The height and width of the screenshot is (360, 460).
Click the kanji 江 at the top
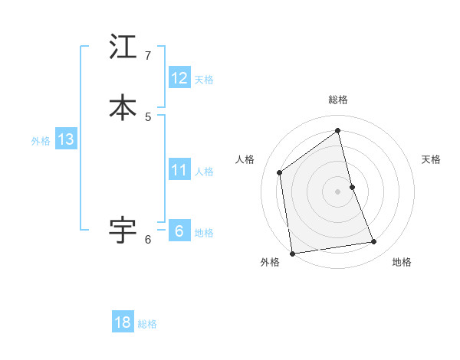click(x=123, y=47)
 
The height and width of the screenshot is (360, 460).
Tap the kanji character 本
click(x=123, y=107)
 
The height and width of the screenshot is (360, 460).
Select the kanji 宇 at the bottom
click(x=123, y=229)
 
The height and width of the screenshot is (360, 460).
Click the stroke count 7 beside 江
click(x=148, y=56)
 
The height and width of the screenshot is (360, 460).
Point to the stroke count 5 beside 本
click(x=148, y=116)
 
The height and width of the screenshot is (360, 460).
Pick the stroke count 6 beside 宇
click(x=148, y=240)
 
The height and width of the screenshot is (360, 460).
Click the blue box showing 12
click(x=179, y=78)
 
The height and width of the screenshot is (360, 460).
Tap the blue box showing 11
click(x=179, y=170)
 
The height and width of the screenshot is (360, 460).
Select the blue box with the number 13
click(x=66, y=139)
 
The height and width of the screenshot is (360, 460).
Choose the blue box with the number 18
click(x=123, y=322)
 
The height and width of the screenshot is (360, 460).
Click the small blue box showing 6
click(x=179, y=231)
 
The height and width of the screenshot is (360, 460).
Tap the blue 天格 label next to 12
click(x=204, y=80)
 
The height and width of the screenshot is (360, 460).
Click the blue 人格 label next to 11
click(x=204, y=172)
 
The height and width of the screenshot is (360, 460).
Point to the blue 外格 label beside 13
click(x=41, y=141)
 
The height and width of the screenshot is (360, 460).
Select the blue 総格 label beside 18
click(x=147, y=324)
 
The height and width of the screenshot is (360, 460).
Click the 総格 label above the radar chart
click(x=338, y=100)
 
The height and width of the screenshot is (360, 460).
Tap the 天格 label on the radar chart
click(x=431, y=159)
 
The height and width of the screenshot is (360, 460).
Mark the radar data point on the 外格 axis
click(x=291, y=253)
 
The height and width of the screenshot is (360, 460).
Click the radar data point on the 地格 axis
click(x=374, y=242)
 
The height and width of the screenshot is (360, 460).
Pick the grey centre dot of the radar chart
click(x=338, y=191)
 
